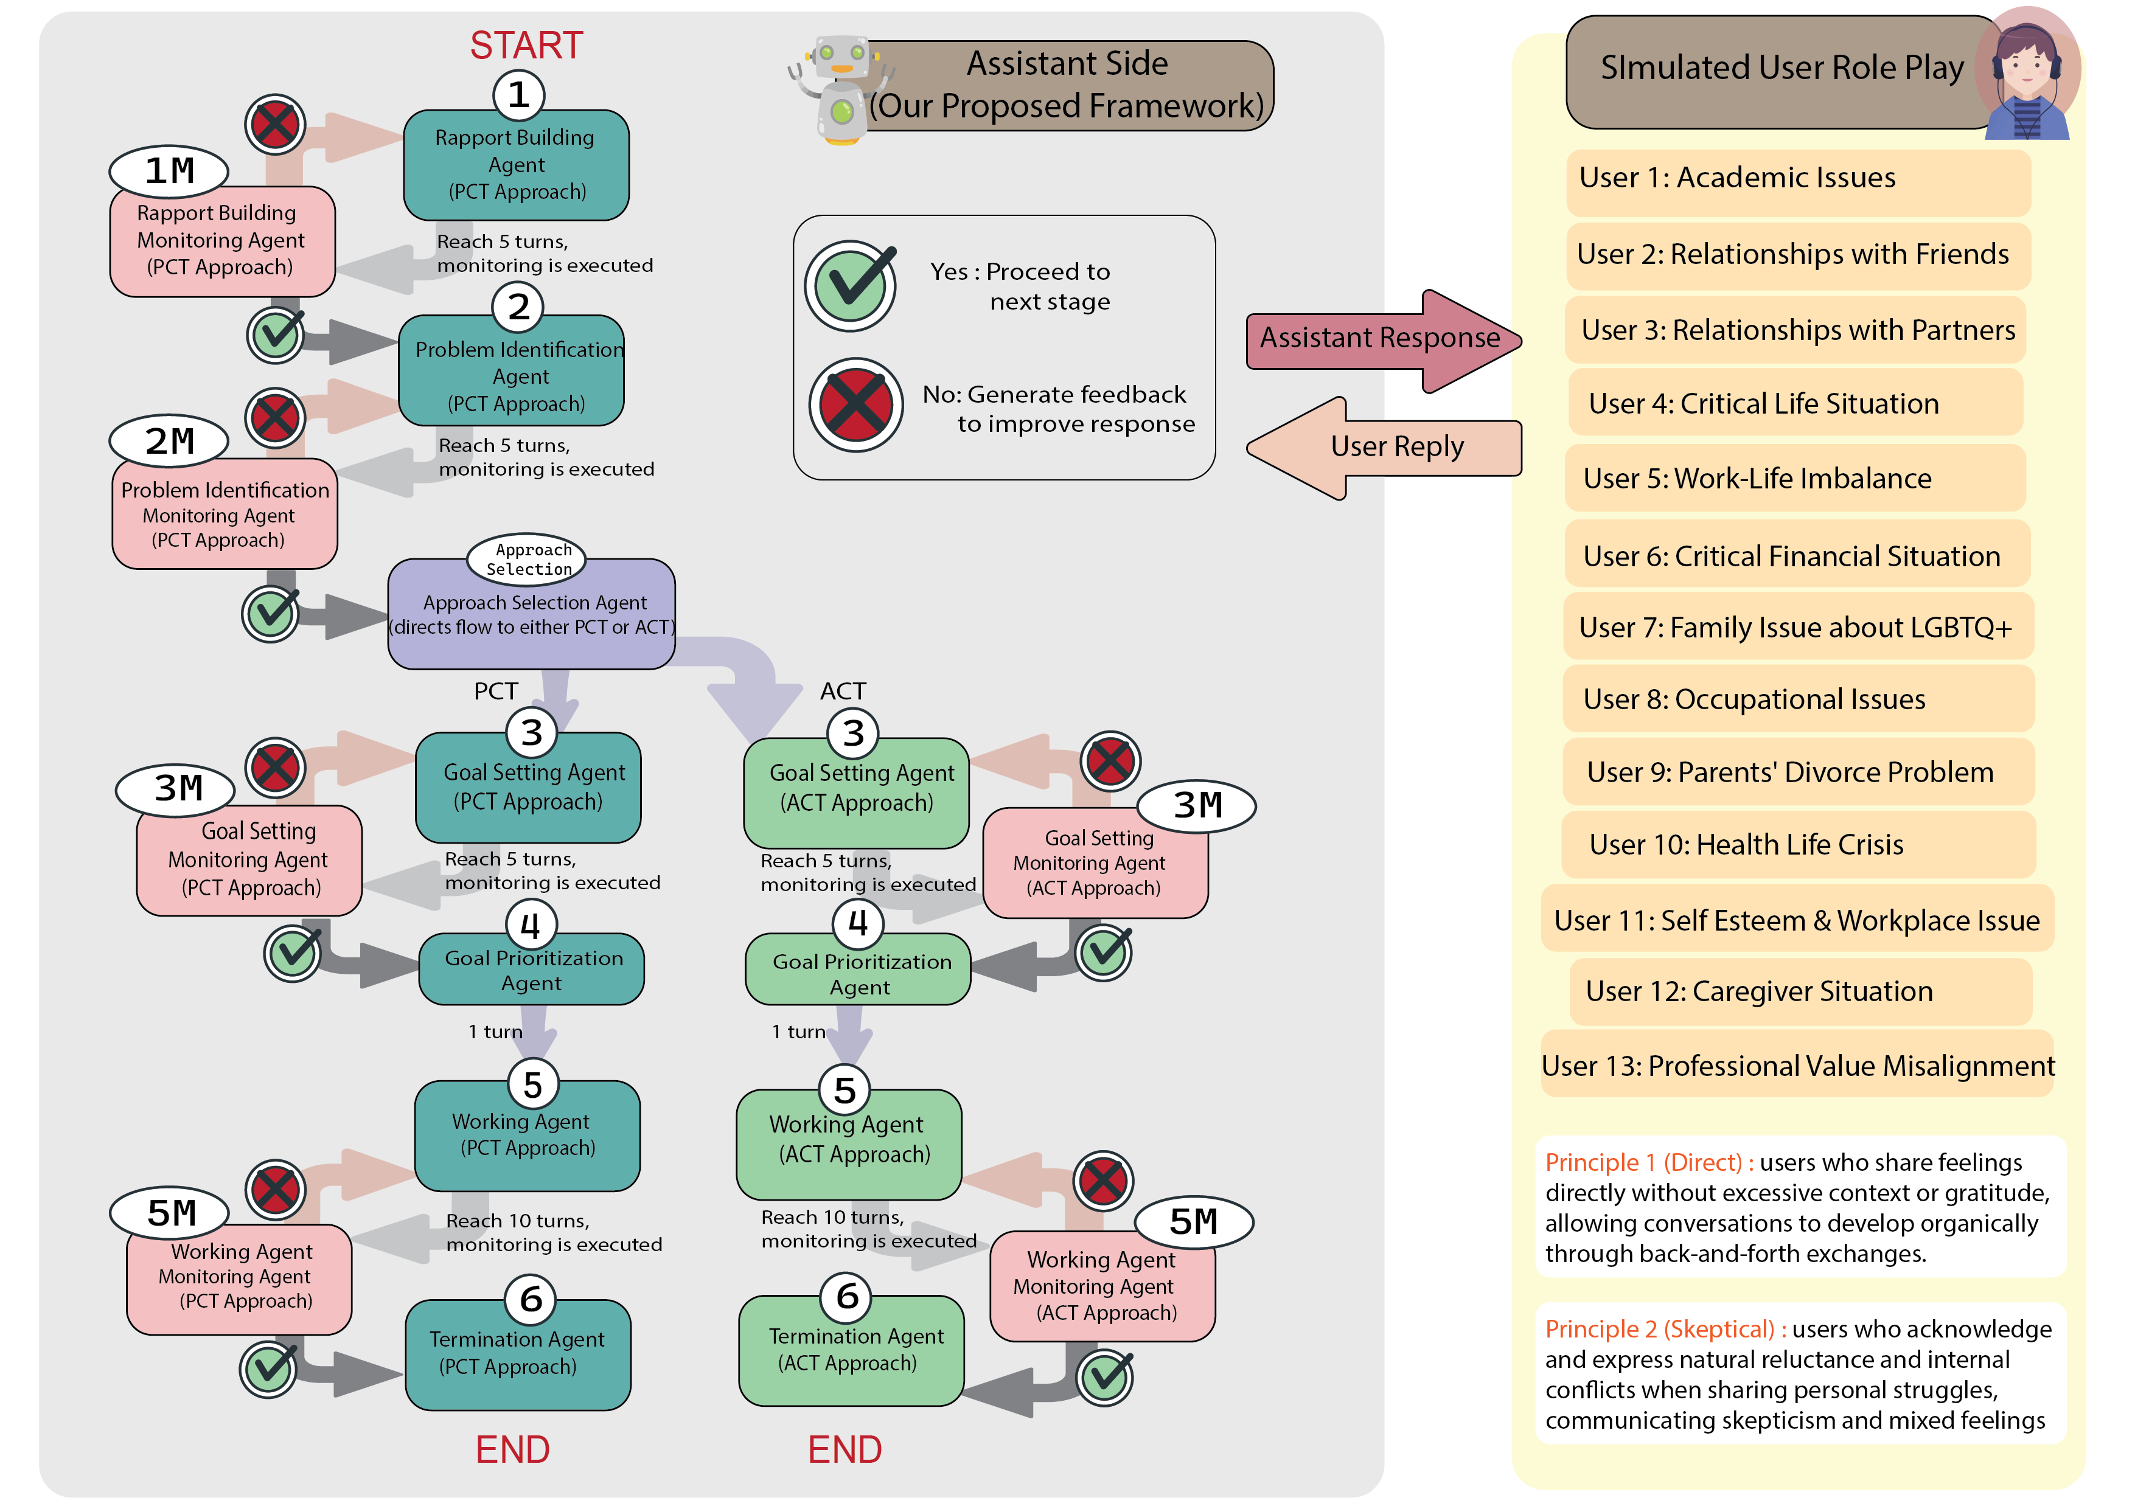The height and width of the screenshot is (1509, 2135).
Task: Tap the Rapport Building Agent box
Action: point(516,165)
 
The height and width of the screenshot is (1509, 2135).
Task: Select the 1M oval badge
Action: point(169,171)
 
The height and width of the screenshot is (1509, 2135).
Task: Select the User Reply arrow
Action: point(1385,448)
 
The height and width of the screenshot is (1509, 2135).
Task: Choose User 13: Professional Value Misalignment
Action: point(1797,1066)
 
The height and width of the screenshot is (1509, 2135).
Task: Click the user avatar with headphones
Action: point(2027,74)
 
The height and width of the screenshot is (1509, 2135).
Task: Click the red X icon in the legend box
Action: point(855,405)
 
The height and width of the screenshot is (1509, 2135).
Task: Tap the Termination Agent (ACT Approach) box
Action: point(851,1350)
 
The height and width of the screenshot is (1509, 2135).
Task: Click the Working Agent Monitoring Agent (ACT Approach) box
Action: point(1103,1288)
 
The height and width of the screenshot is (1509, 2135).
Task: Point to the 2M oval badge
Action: point(169,441)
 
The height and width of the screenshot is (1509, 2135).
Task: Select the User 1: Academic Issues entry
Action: point(1797,179)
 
